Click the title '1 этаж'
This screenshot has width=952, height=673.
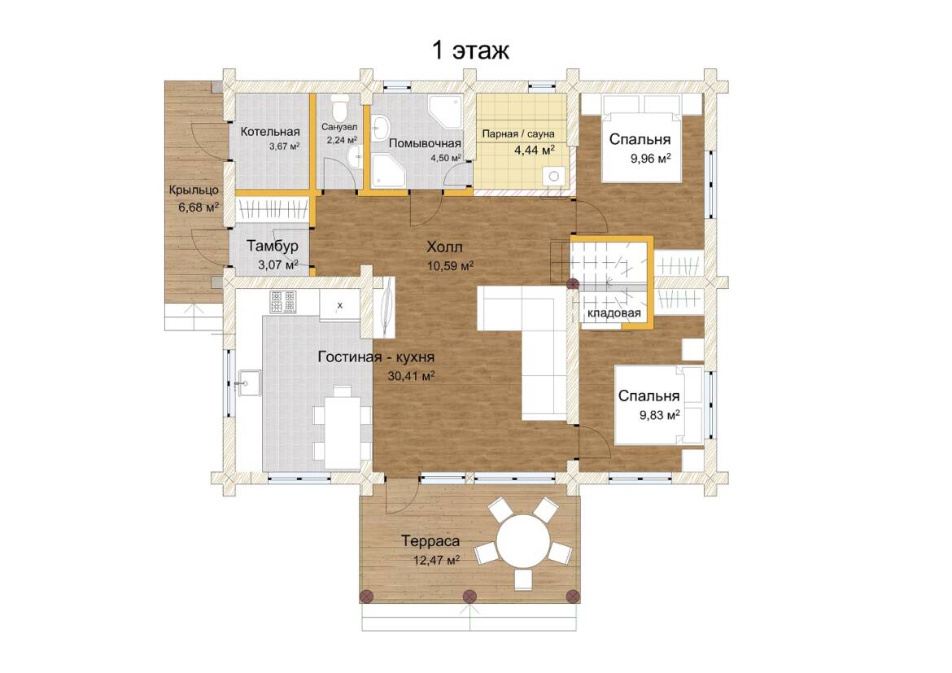tap(470, 50)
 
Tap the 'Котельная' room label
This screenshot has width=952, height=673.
tap(270, 132)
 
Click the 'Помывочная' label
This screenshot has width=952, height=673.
tap(425, 144)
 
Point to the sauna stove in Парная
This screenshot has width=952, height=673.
tap(554, 176)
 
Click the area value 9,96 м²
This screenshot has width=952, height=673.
tap(651, 160)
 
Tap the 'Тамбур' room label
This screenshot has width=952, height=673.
tap(273, 246)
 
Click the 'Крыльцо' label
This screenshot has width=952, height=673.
tap(194, 190)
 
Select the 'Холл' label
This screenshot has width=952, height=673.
tap(444, 247)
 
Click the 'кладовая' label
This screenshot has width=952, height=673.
tap(614, 313)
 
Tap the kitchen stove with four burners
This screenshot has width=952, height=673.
tap(283, 302)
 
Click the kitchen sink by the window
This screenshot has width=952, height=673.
tap(248, 382)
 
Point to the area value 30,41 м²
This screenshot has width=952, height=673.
tap(411, 377)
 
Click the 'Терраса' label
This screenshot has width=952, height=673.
tap(430, 541)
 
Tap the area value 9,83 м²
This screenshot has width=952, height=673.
tap(659, 416)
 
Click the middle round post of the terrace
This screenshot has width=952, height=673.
tap(469, 596)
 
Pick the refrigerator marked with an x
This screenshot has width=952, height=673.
tap(339, 305)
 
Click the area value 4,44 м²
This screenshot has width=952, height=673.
tap(535, 150)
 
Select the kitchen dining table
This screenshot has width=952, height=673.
tap(342, 432)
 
